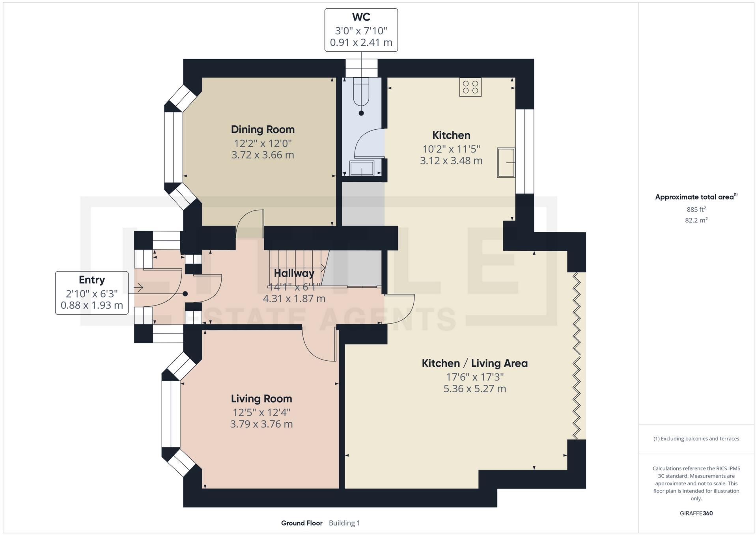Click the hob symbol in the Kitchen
click(470, 87)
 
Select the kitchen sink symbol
click(506, 162)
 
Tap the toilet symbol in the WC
click(361, 93)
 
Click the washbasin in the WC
click(361, 168)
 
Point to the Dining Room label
click(263, 129)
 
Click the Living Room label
click(261, 399)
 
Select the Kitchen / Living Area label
click(474, 363)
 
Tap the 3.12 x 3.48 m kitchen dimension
click(451, 161)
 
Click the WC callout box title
click(361, 17)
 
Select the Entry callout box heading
click(91, 280)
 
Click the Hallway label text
click(294, 273)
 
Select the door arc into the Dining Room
click(248, 221)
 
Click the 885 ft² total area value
click(696, 209)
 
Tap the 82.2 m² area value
click(696, 220)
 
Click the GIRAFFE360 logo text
click(696, 513)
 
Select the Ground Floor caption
click(302, 523)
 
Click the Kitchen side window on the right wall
click(525, 151)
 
